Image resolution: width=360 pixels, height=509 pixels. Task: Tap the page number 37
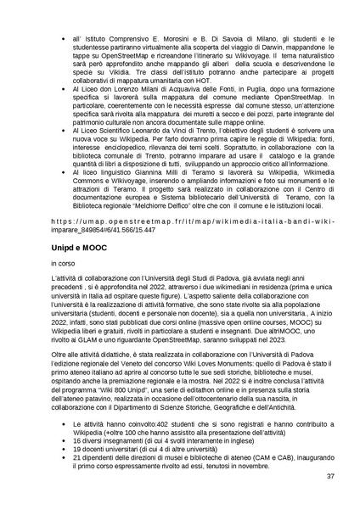click(x=329, y=477)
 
